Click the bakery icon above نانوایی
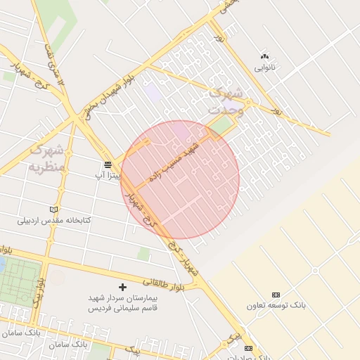264,56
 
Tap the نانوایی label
264,68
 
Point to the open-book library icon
54,210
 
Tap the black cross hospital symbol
123,287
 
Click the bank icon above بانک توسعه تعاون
276,295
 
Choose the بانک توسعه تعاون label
276,306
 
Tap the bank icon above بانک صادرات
247,348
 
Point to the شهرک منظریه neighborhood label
46,158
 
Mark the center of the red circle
180,179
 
